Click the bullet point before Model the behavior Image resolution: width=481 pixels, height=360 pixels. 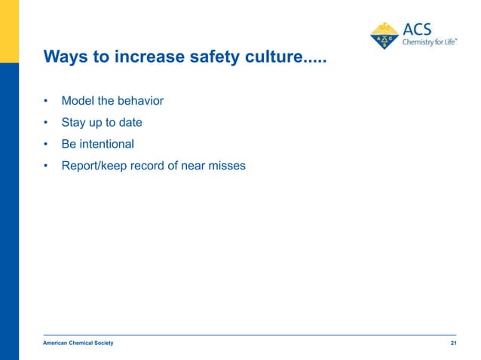(46, 101)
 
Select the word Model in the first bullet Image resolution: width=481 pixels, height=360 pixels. (78, 101)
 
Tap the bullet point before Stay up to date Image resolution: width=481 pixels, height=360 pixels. (46, 123)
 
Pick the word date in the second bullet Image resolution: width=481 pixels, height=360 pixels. (130, 123)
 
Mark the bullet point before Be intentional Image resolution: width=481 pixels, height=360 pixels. (46, 144)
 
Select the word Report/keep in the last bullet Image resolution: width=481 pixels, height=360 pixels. (93, 166)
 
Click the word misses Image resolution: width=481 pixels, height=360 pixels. (227, 166)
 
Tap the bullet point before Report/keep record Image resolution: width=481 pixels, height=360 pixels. (46, 166)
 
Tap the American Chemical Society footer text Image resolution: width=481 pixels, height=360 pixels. (78, 343)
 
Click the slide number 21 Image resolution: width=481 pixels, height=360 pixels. (453, 343)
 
